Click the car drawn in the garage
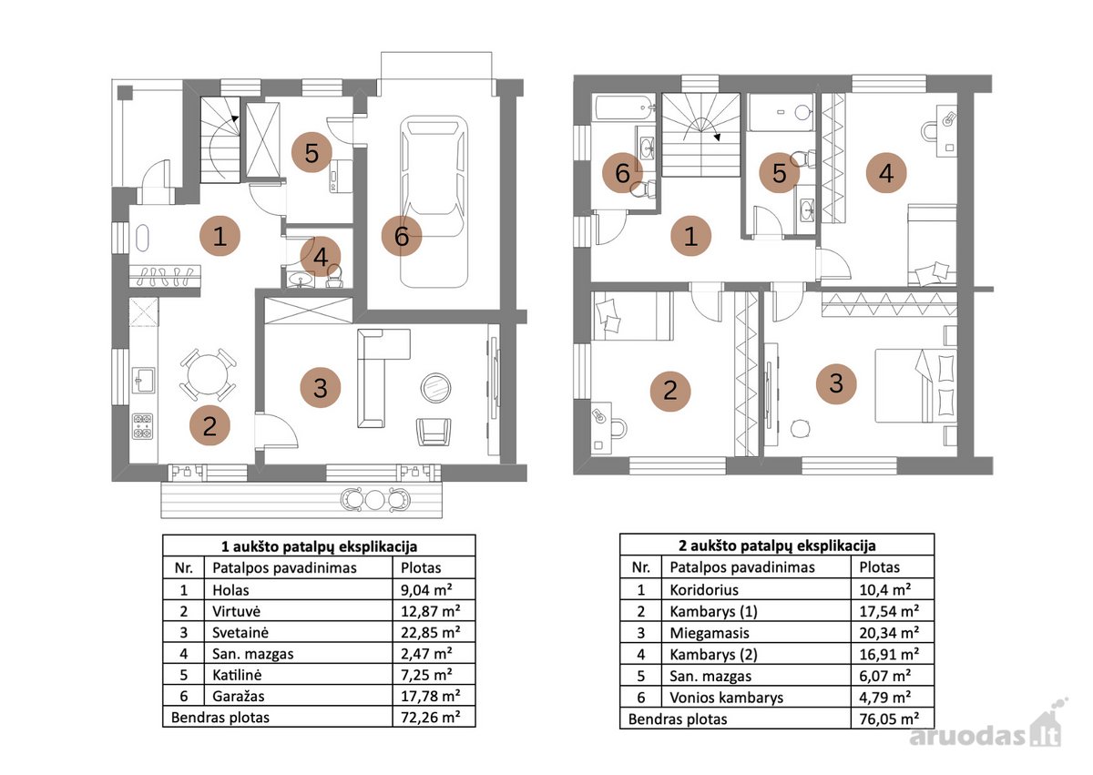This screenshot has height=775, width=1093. tap(434, 201)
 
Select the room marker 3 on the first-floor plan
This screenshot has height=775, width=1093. tap(321, 388)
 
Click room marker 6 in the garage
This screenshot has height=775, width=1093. tap(402, 236)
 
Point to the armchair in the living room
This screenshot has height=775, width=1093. tap(434, 432)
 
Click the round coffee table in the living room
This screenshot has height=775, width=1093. tap(435, 388)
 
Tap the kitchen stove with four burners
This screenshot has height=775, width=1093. tap(143, 426)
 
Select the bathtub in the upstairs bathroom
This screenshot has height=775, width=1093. tap(623, 108)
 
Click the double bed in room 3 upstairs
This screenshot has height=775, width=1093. tap(915, 385)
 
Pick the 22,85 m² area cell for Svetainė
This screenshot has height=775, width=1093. tap(430, 633)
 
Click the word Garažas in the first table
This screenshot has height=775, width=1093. tap(238, 696)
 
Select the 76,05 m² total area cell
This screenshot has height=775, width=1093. tap(889, 719)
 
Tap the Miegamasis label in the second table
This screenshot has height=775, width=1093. tap(709, 633)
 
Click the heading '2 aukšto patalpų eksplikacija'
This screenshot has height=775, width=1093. tap(777, 546)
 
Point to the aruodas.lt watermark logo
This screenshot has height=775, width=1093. tap(986, 729)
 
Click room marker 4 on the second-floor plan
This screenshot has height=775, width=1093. tap(886, 173)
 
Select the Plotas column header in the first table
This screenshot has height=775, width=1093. tap(421, 567)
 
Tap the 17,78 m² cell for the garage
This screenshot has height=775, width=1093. tap(430, 696)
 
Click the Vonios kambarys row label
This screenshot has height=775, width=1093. tap(726, 698)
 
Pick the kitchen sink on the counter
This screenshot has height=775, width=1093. tap(144, 381)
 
